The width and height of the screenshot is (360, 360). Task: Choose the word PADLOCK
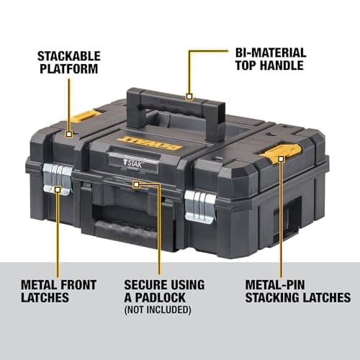(165, 297)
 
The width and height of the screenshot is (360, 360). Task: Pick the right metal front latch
(199, 205)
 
